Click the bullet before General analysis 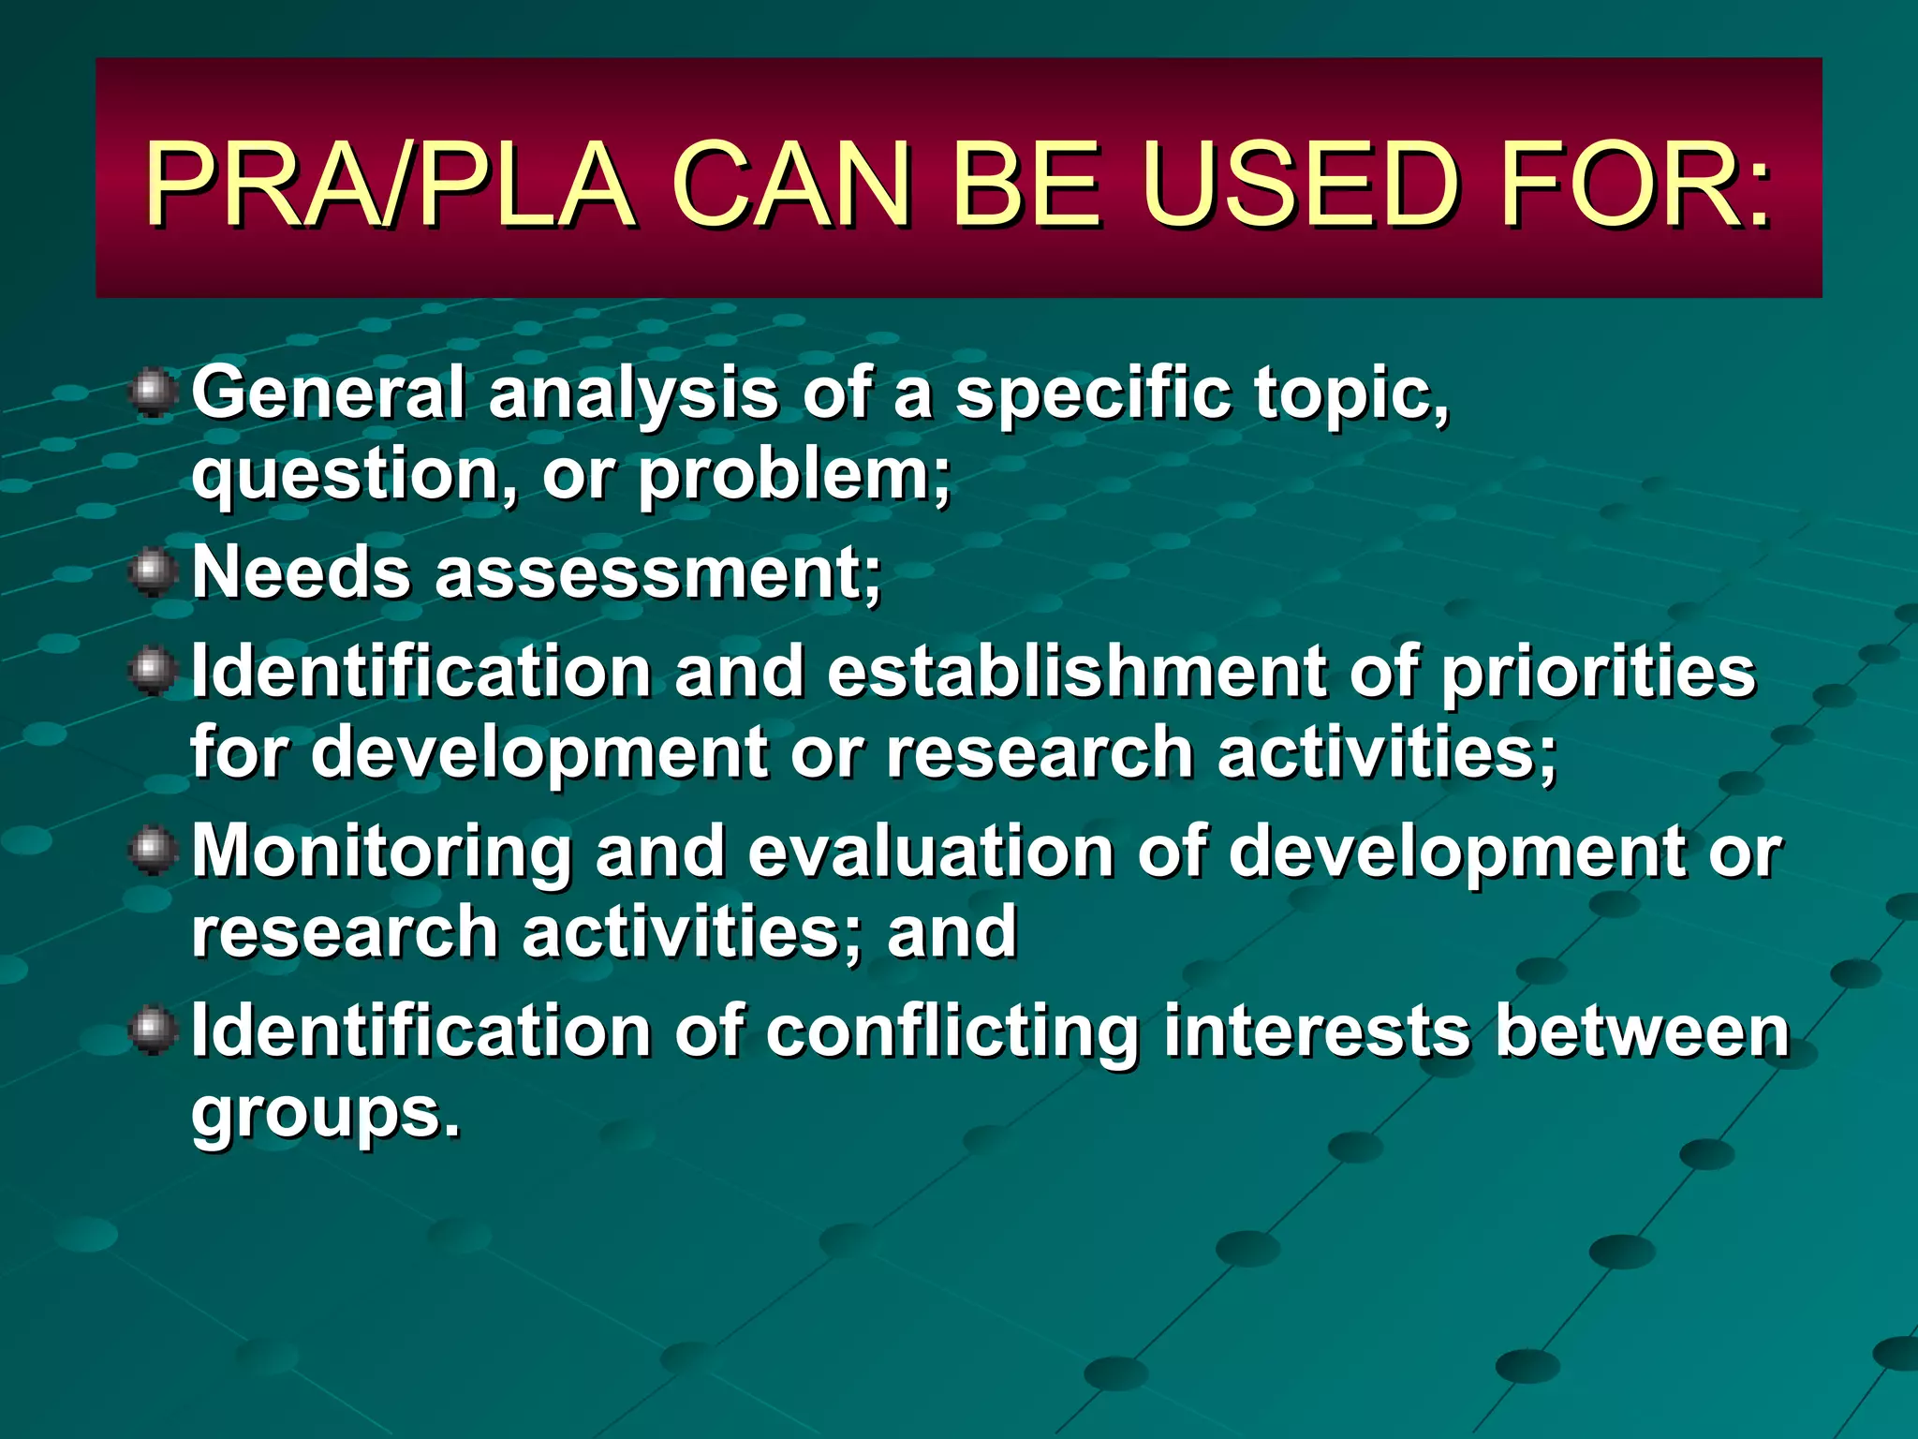(x=153, y=393)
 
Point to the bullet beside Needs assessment (x=153, y=573)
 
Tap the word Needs (x=301, y=573)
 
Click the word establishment (x=1077, y=672)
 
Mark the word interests (x=1316, y=1031)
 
